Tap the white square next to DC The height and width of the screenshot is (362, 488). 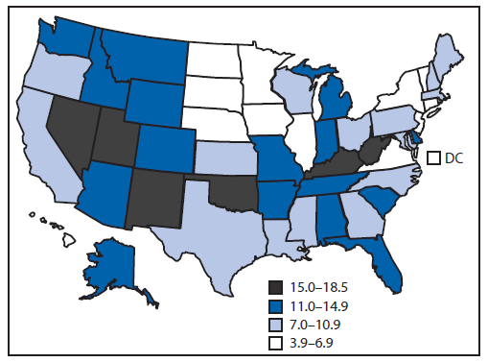(x=433, y=157)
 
